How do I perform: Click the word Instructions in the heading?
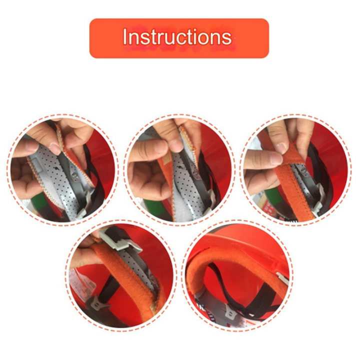[x=177, y=36]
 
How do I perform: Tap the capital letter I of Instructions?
[x=124, y=36]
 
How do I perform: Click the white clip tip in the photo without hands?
[x=282, y=277]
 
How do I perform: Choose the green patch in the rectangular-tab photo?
[x=38, y=202]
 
